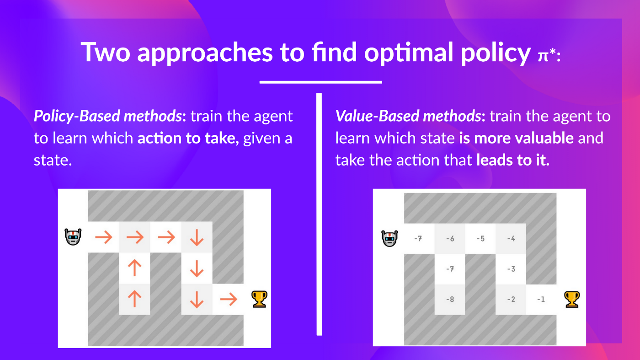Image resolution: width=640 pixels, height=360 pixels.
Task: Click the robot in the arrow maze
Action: [x=73, y=236]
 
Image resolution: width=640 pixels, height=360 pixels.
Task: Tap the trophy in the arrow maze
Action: [x=259, y=299]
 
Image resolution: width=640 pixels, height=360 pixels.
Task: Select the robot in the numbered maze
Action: [x=389, y=238]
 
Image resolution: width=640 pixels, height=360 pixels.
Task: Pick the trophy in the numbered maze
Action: [x=572, y=299]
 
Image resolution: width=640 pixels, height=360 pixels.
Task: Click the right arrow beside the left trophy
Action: [x=228, y=300]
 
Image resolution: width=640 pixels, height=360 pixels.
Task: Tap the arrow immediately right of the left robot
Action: [x=103, y=237]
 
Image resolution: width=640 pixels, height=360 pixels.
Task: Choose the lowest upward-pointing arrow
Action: [x=134, y=300]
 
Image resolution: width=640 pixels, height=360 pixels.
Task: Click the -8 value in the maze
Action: [x=450, y=300]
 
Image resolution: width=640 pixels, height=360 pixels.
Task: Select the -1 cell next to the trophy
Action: [x=541, y=300]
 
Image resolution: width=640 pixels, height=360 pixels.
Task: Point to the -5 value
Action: [x=480, y=238]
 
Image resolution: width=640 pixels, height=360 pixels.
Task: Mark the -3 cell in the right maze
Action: [x=511, y=269]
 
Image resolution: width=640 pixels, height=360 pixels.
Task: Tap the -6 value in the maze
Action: [x=450, y=238]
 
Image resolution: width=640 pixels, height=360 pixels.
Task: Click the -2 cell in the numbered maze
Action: [x=511, y=300]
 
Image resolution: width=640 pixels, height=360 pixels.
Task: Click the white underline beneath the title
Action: [x=320, y=82]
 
